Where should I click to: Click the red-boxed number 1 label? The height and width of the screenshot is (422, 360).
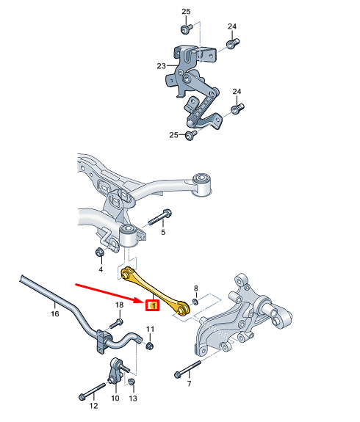[153, 305]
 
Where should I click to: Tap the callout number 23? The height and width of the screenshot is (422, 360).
[161, 66]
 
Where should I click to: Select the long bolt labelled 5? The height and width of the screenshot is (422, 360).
[159, 217]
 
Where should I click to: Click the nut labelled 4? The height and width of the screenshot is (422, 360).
[99, 252]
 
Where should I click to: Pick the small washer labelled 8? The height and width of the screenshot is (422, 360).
[195, 302]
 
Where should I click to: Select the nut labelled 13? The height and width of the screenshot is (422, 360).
[132, 382]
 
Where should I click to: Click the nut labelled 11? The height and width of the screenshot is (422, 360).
[150, 346]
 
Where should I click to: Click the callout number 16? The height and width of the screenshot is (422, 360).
[54, 313]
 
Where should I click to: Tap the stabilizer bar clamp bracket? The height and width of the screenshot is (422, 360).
[102, 341]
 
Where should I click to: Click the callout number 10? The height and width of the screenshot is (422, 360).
[115, 398]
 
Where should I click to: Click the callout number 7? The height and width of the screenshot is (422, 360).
[189, 384]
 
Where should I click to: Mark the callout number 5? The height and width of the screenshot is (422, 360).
[163, 232]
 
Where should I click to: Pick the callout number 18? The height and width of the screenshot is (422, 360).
[119, 305]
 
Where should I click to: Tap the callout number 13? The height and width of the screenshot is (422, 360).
[133, 398]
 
